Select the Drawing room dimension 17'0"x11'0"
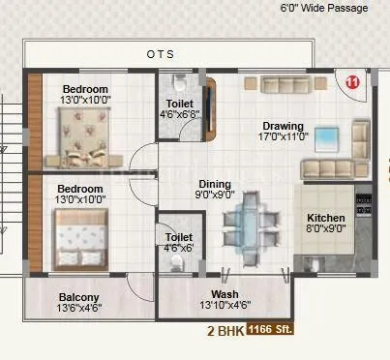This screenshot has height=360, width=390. pyautogui.click(x=282, y=137)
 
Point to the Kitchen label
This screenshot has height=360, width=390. pyautogui.click(x=326, y=218)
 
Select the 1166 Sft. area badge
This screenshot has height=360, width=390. pyautogui.click(x=270, y=329)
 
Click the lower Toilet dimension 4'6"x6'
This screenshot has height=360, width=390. pyautogui.click(x=180, y=248)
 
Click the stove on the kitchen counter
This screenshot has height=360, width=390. pyautogui.click(x=364, y=204)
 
